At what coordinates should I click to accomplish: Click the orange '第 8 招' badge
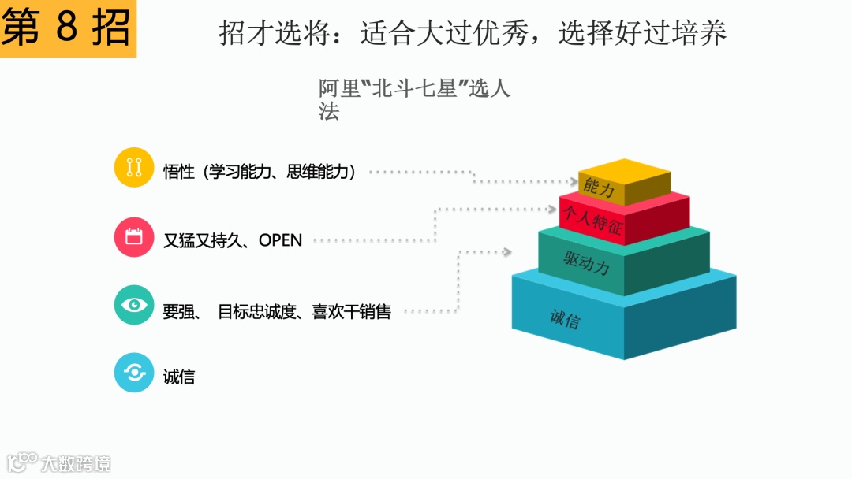coord(67,29)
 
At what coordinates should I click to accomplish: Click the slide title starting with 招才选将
coord(472,33)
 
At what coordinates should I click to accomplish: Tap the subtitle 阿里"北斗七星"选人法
coord(413,98)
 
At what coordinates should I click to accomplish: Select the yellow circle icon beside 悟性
coord(133,167)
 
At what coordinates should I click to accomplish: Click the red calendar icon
coord(133,236)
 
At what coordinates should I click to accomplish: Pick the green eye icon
coord(133,305)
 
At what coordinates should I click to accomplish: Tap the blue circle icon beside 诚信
coord(133,373)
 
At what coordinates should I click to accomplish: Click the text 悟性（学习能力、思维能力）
coord(260,172)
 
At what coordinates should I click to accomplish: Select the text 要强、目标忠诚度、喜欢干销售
coord(276,312)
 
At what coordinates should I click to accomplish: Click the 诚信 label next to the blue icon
coord(179,377)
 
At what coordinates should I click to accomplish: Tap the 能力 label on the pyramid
coord(599,188)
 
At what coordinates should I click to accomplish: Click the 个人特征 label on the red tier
coord(592,217)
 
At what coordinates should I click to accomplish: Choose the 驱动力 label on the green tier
coord(587,262)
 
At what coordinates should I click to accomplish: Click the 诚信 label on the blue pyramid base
coord(565,319)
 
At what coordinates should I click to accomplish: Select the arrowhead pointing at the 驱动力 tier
coord(508,252)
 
